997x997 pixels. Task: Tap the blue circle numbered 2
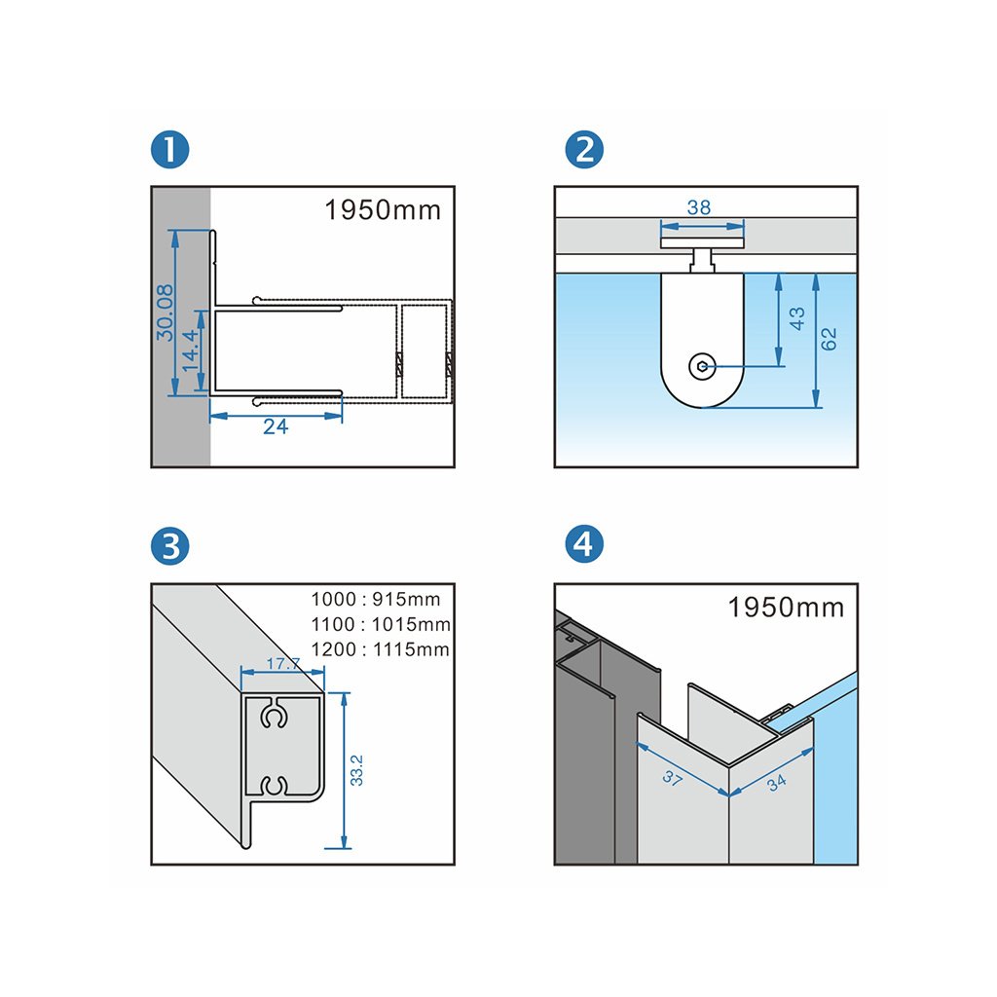tap(583, 150)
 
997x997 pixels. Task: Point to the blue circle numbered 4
tap(583, 544)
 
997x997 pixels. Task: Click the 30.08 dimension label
tap(165, 313)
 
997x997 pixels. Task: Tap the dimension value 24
tap(276, 426)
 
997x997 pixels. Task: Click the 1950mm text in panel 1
tap(383, 210)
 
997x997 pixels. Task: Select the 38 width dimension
tap(698, 207)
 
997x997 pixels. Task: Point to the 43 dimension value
tap(797, 319)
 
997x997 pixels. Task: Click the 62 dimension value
tap(829, 339)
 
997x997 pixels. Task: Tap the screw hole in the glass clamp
tap(702, 366)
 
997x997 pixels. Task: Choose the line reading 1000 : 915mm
tap(376, 600)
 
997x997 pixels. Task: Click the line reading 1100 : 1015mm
tap(381, 624)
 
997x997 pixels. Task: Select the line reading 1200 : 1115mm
tap(381, 648)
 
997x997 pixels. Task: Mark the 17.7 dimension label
tap(283, 664)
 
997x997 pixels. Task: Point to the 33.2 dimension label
tap(357, 769)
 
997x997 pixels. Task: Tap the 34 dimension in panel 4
tap(776, 781)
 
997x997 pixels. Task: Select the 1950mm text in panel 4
tap(786, 608)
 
